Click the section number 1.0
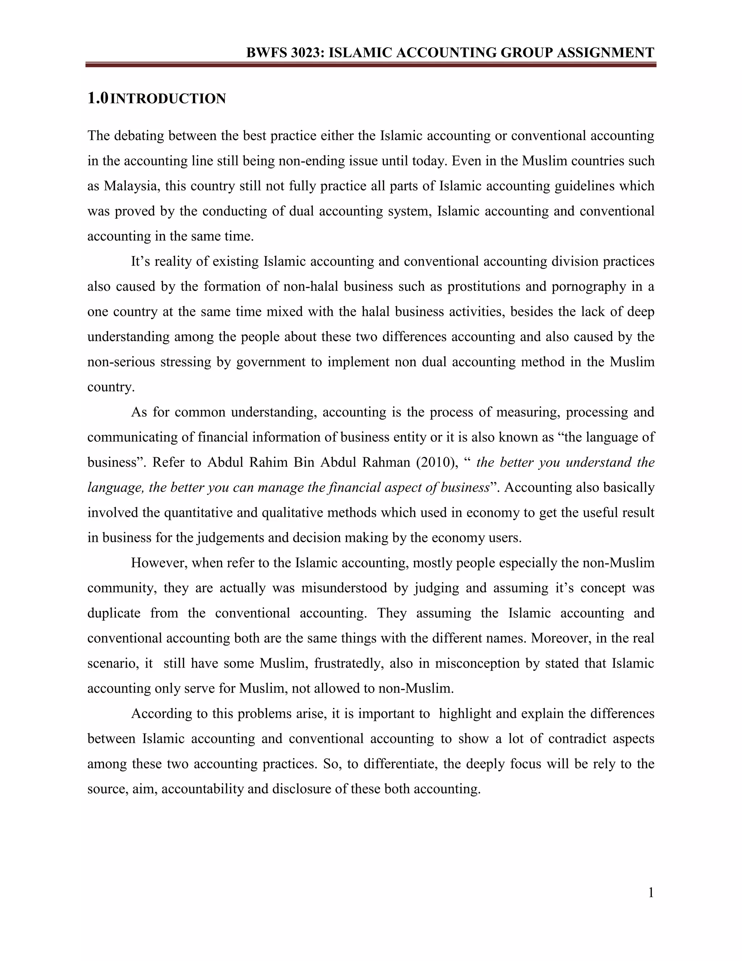point(97,98)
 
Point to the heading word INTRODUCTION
point(167,99)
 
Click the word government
point(270,362)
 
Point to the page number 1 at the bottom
point(651,893)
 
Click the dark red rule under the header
point(371,65)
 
